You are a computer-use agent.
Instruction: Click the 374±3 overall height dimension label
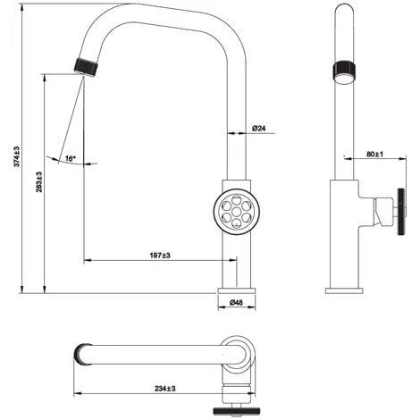pyautogui.click(x=16, y=156)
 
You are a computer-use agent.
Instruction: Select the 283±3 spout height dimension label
pyautogui.click(x=39, y=181)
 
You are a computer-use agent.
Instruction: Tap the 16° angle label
pyautogui.click(x=70, y=158)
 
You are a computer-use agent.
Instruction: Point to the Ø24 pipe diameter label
pyautogui.click(x=258, y=129)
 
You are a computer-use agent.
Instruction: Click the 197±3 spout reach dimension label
pyautogui.click(x=160, y=256)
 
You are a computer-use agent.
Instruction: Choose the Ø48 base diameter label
pyautogui.click(x=236, y=303)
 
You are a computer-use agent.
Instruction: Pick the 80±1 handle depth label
pyautogui.click(x=374, y=154)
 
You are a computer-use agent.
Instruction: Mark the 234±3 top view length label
pyautogui.click(x=165, y=389)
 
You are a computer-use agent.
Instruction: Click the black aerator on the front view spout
pyautogui.click(x=86, y=68)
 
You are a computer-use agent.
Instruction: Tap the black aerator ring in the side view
pyautogui.click(x=344, y=69)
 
